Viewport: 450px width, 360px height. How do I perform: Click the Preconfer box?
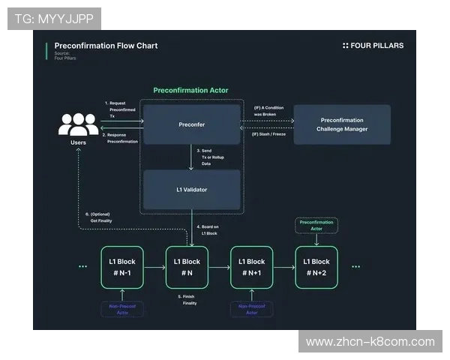192,124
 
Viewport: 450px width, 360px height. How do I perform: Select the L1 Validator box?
192,190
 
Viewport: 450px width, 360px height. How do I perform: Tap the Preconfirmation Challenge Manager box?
342,124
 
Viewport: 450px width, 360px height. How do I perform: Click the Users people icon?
78,124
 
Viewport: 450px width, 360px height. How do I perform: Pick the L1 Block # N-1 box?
121,267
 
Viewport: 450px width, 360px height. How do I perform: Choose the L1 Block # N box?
187,267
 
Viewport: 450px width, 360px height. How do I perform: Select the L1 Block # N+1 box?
251,267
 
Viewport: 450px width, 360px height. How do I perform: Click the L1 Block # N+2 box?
316,267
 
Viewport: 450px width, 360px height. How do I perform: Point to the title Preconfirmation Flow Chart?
106,46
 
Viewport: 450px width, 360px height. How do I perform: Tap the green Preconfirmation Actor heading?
191,90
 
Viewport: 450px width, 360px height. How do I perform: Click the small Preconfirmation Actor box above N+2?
316,225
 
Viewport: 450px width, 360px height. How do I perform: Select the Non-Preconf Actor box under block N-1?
121,308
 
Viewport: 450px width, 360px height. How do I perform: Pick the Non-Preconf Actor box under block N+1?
251,308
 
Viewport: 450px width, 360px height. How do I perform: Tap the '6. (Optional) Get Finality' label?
99,217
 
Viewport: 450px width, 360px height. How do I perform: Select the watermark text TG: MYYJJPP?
54,19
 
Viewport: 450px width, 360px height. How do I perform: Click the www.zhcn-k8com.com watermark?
370,342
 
